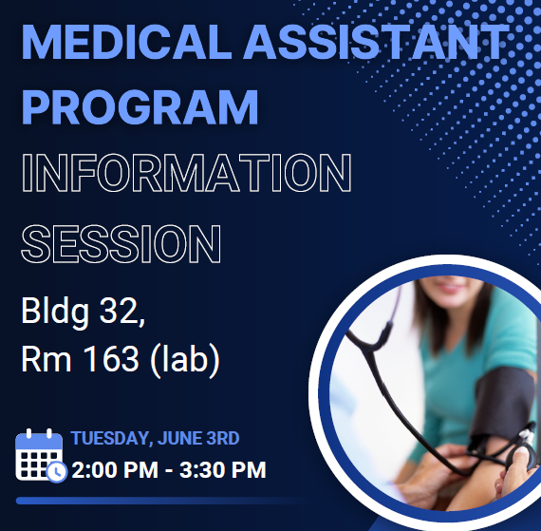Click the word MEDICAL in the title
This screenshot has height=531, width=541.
tap(126, 42)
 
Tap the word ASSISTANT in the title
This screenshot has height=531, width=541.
tap(377, 42)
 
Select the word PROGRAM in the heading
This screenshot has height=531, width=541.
tap(140, 106)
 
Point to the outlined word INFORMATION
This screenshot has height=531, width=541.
tap(187, 173)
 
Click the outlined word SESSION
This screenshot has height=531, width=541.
tap(121, 244)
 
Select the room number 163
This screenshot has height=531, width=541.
tap(111, 359)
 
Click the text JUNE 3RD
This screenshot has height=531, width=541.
tap(198, 438)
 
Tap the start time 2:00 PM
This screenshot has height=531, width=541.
tap(115, 470)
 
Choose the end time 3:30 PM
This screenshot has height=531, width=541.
tap(223, 470)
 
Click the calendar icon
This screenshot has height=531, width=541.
tap(39, 454)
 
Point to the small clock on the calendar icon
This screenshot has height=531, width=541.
tap(57, 472)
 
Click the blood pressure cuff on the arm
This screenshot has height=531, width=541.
tap(499, 407)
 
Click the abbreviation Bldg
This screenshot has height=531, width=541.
tap(55, 312)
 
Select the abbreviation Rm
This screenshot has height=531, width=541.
tap(47, 359)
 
